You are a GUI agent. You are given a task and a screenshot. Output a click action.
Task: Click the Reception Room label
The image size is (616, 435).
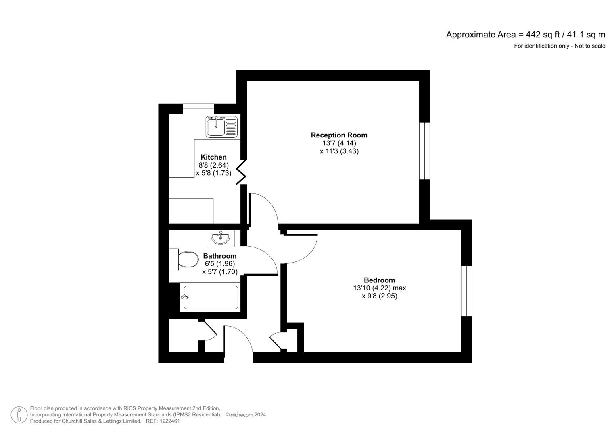pyautogui.click(x=339, y=135)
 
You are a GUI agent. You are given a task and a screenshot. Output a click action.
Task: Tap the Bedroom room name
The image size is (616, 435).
pyautogui.click(x=379, y=280)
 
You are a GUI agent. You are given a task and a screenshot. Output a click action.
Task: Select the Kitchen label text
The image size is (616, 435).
pyautogui.click(x=213, y=157)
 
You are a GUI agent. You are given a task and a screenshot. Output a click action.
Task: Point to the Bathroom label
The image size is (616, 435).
pyautogui.click(x=219, y=256)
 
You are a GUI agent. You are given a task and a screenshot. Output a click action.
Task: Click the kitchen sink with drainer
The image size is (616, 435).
pyautogui.click(x=221, y=126)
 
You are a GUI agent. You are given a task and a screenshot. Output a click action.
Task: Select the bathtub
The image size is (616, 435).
pyautogui.click(x=211, y=297)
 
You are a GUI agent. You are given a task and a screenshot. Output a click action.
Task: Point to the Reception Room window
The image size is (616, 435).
pyautogui.click(x=424, y=151)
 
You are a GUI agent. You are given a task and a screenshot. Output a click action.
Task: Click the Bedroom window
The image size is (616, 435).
pyautogui.click(x=466, y=291)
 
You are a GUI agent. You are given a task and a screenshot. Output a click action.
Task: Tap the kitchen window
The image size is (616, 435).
pyautogui.click(x=198, y=109)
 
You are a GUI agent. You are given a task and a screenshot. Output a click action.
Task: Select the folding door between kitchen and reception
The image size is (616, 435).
pyautogui.click(x=242, y=171)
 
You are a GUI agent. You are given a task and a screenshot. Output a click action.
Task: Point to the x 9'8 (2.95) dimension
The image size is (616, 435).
pyautogui.click(x=379, y=296)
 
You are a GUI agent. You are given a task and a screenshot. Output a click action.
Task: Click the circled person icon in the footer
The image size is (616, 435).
pyautogui.click(x=19, y=415)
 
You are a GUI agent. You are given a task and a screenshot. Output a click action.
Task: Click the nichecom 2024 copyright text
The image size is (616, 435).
pyautogui.click(x=246, y=415)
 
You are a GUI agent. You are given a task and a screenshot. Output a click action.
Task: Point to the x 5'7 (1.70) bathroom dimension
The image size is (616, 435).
pyautogui.click(x=219, y=272)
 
